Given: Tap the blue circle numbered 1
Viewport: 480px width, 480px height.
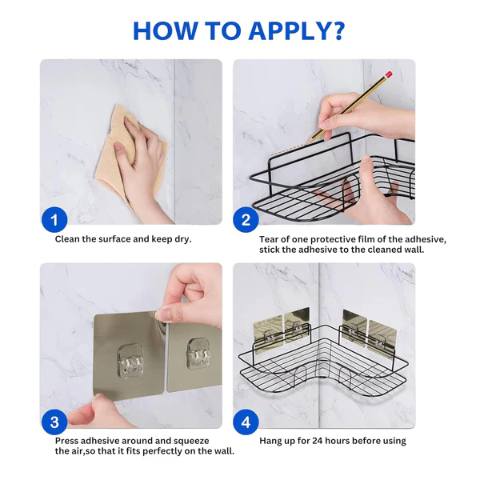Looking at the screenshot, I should [x=54, y=218].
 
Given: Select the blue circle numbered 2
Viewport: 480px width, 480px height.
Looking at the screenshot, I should [x=246, y=218].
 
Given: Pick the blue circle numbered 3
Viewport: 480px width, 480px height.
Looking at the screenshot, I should [x=54, y=422].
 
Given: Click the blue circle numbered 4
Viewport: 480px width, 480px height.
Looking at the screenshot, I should [x=246, y=422].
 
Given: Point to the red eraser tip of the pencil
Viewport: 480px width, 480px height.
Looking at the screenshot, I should [x=388, y=75].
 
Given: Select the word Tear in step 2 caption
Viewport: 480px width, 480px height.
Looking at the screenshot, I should [x=270, y=239].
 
